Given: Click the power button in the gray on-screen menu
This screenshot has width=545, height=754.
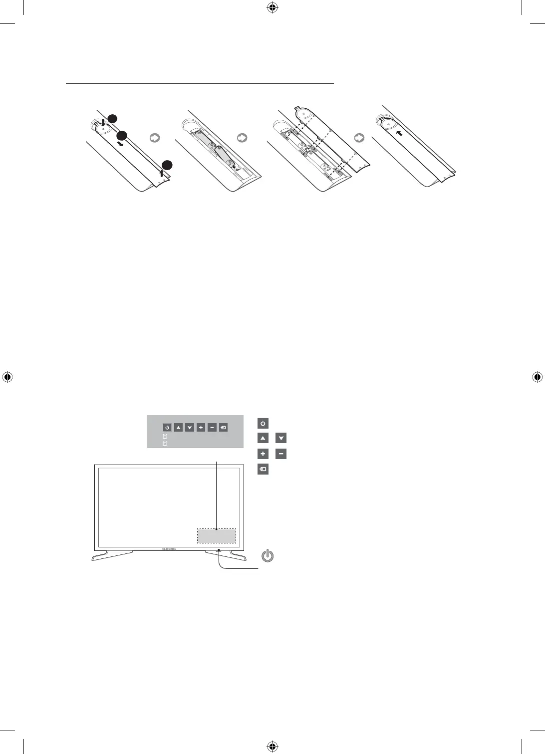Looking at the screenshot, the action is click(x=167, y=428).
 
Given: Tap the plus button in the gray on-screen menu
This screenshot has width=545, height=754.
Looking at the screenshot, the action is click(x=201, y=428).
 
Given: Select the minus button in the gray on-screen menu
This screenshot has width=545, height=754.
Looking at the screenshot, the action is click(x=212, y=428).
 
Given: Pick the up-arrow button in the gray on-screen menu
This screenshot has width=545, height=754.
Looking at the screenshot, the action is click(x=178, y=428).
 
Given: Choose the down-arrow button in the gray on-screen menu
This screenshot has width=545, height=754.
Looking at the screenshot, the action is click(x=190, y=428).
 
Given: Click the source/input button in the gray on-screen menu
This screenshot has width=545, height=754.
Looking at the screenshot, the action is click(x=224, y=428).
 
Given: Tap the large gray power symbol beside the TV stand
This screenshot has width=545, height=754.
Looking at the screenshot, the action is click(x=268, y=555).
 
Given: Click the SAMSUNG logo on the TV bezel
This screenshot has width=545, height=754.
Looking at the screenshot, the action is click(x=169, y=549).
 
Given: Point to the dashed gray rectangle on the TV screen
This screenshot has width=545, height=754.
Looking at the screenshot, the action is click(x=216, y=535).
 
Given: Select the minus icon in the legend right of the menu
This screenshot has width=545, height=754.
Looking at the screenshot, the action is click(x=281, y=454).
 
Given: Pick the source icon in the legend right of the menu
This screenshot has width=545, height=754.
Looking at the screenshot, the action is click(x=263, y=470).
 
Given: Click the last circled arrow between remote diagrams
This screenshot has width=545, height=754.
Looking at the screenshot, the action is click(x=358, y=138).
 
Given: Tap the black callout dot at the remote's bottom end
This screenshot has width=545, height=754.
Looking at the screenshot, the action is click(x=168, y=165).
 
